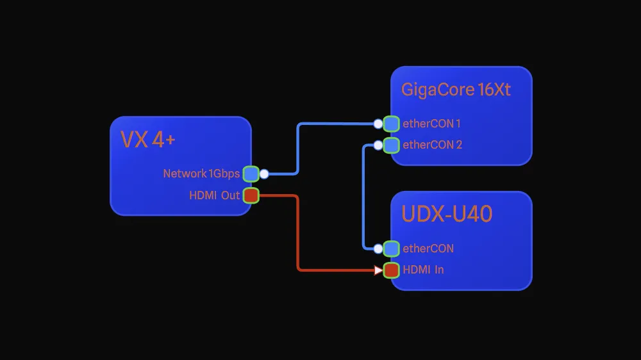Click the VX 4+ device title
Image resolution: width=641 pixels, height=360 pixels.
tap(148, 140)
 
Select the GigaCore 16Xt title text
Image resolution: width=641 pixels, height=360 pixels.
tap(456, 90)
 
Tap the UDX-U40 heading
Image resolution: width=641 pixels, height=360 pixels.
tap(447, 214)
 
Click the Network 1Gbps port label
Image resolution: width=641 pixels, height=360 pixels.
tap(201, 174)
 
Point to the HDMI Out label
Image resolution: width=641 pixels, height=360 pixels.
tap(214, 195)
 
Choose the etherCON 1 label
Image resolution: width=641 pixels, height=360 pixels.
tap(431, 124)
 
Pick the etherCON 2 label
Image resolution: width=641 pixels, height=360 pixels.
tap(432, 145)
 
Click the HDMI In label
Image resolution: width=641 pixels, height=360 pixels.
tap(423, 270)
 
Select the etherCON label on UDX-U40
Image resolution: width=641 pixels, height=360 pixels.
tap(428, 249)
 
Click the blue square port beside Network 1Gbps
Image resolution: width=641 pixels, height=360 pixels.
tap(251, 174)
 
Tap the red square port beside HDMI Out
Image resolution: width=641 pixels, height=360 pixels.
tap(251, 195)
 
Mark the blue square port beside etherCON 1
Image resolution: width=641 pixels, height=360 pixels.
tap(391, 124)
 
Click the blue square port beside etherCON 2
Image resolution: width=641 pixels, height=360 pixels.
tap(391, 145)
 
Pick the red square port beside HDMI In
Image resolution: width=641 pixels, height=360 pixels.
tap(391, 270)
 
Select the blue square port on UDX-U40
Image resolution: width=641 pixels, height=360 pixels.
tap(391, 249)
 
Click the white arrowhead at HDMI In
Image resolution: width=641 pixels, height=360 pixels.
tap(379, 270)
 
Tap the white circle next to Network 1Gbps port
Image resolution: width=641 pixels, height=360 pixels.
tap(263, 174)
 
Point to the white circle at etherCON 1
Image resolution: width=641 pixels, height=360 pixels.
tap(378, 124)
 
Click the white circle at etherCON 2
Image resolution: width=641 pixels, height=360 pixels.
tap(378, 145)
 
